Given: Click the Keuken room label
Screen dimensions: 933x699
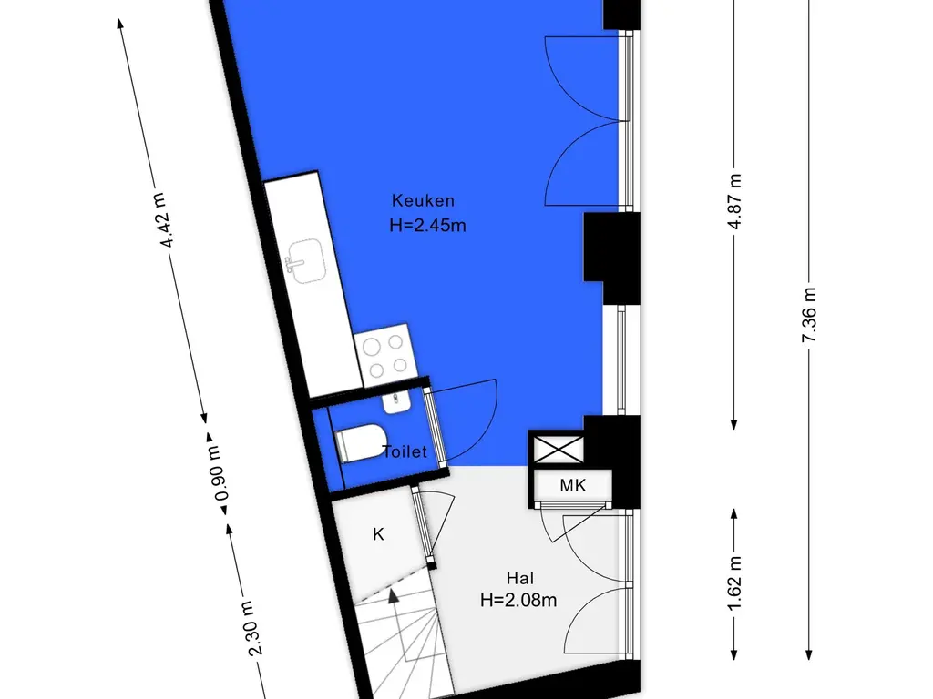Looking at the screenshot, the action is click(423, 201).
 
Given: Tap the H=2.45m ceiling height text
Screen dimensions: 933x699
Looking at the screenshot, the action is click(427, 226).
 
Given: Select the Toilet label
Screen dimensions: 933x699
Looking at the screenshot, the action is click(405, 452).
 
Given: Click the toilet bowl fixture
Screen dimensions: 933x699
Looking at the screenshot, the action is click(361, 443).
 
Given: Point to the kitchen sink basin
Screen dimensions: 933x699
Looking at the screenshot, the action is click(306, 261).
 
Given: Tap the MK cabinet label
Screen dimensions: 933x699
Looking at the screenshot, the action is click(573, 486).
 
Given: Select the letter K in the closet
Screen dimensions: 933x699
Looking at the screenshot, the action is click(378, 534).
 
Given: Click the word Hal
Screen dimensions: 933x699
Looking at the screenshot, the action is click(520, 578).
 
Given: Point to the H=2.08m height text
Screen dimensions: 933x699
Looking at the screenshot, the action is click(518, 601).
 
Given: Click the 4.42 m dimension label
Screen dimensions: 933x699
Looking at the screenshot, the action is click(164, 220).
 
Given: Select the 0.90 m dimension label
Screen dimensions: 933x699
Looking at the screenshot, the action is click(217, 473).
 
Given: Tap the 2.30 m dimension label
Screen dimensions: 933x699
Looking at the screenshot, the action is click(252, 628).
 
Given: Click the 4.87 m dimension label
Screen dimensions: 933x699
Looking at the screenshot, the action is click(735, 201).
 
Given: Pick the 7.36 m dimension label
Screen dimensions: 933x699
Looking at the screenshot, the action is click(809, 315).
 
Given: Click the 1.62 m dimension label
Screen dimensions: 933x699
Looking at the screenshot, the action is click(735, 582).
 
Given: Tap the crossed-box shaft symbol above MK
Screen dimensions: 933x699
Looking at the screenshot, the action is click(559, 450).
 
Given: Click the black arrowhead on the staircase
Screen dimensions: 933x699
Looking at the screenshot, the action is click(394, 596).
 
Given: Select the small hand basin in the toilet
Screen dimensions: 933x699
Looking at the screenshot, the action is click(396, 401).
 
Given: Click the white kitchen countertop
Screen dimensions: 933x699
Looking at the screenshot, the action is click(313, 284).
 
